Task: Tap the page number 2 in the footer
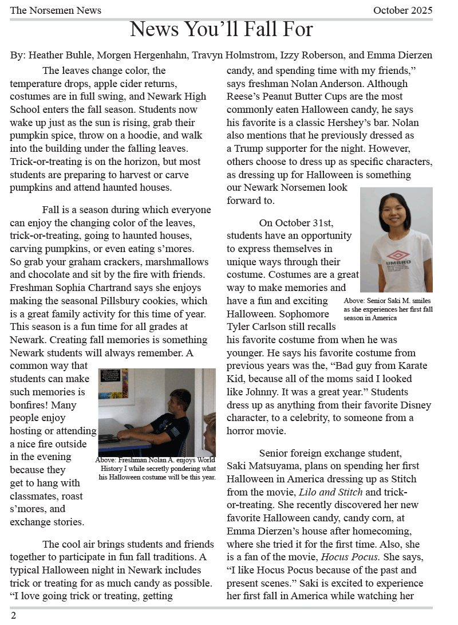coord(13,615)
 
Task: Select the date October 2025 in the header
coord(402,10)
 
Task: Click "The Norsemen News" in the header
coord(56,10)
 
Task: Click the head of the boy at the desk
coord(180,401)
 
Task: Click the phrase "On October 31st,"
coord(296,222)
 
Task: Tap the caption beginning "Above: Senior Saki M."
coord(388,309)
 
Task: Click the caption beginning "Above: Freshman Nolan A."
coord(156,468)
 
